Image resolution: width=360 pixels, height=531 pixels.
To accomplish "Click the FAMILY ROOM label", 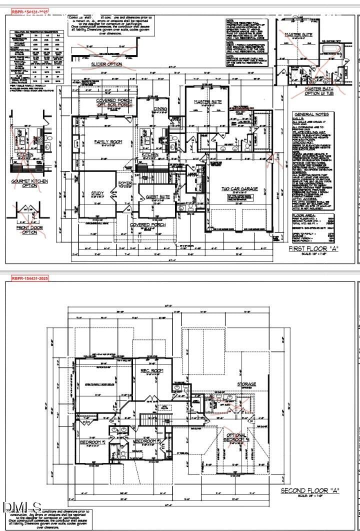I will tap(108, 142).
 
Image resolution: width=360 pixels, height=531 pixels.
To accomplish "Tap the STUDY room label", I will tap(97, 193).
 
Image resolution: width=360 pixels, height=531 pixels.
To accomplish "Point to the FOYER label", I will tap(124, 183).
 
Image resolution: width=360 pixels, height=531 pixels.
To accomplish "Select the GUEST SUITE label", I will tap(157, 197).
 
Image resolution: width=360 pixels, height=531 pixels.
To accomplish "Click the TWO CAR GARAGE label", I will tap(239, 189).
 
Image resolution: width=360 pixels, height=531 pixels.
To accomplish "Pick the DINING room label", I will tap(160, 108).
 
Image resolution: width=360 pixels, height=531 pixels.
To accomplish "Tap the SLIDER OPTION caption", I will tap(106, 64).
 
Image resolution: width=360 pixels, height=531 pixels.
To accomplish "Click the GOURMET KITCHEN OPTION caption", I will tap(30, 183).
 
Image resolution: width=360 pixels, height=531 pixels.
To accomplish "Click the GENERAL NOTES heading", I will tap(311, 114).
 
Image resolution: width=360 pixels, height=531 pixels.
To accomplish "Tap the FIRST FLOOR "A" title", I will tap(313, 248).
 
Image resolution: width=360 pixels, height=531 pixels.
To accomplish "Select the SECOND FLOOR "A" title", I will tap(310, 490).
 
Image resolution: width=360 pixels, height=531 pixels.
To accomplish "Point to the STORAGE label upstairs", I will tap(246, 384).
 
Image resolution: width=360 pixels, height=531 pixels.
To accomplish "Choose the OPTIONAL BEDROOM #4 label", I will tap(235, 438).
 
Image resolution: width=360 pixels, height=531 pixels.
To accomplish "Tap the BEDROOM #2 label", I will tap(92, 442).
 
